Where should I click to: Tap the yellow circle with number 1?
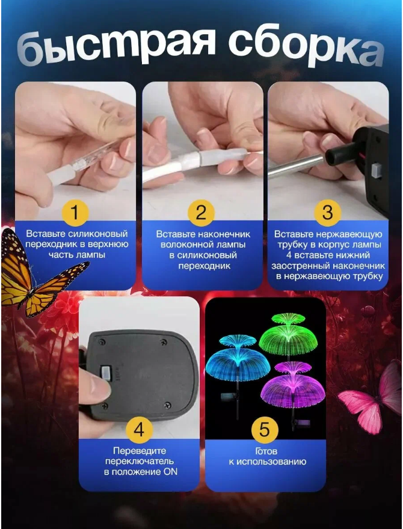(x=75, y=213)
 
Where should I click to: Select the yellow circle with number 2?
(x=201, y=213)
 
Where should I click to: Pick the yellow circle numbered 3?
(x=327, y=213)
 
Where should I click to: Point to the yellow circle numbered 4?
(x=139, y=430)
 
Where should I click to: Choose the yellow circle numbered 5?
(x=265, y=430)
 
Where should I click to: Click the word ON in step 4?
(x=170, y=472)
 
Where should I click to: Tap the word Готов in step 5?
(x=266, y=451)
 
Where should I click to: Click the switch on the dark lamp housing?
(x=106, y=373)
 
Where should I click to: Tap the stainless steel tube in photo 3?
(x=297, y=165)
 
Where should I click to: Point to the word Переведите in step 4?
(x=140, y=451)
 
